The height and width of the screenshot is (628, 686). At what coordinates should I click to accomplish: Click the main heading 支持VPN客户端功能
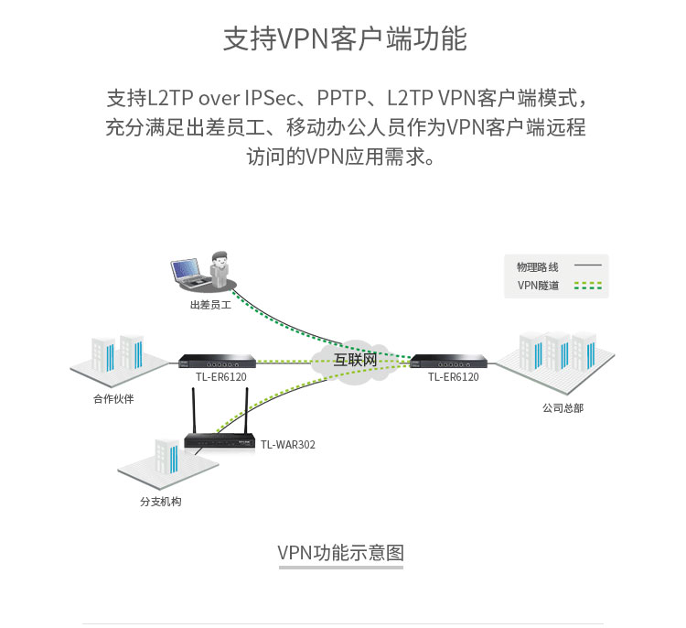coord(345,38)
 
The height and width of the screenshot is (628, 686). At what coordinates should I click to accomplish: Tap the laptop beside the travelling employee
coord(189,274)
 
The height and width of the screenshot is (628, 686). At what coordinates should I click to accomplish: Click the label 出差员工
coord(210,305)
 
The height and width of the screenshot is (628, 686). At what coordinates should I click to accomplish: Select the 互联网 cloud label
coord(355,360)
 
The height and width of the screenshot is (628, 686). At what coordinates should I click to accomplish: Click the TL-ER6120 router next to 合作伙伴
coord(218,362)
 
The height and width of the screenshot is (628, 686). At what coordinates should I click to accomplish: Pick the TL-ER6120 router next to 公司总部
coord(449,362)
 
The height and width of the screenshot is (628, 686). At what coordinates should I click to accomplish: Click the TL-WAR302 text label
coord(288,445)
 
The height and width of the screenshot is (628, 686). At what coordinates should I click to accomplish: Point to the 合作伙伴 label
coord(113,398)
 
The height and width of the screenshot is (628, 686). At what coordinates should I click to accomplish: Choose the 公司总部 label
coord(563,408)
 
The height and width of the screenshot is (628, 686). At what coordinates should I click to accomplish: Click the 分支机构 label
coord(161,502)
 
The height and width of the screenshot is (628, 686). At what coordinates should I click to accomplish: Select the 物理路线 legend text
coord(538,266)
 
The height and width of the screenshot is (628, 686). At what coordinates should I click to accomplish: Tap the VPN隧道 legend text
coord(538,286)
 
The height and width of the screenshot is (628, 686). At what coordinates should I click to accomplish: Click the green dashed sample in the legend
coord(588,286)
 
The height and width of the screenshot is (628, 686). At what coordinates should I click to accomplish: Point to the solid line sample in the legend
coord(588,265)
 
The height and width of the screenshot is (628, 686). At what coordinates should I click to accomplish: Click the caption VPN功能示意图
coord(341,553)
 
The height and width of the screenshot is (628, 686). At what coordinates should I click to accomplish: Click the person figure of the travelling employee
coord(220,269)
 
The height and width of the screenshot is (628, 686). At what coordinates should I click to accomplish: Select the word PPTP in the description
coord(341,98)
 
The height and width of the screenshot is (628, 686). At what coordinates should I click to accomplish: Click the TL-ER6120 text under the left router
coord(221,376)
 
